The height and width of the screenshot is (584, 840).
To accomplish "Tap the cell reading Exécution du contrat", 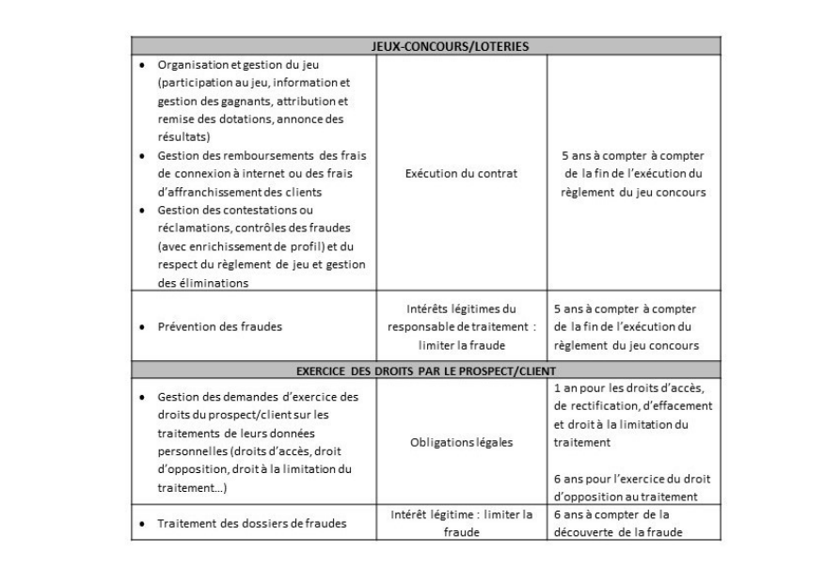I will (462, 173).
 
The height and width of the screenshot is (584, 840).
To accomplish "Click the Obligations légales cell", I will (462, 443).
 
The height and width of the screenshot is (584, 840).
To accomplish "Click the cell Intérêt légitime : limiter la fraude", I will (462, 523).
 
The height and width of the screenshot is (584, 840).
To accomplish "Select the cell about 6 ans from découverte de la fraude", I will (625, 523).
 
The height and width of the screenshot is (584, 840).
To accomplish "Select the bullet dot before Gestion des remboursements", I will (142, 155).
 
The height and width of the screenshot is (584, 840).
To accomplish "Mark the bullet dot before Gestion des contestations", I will (142, 210).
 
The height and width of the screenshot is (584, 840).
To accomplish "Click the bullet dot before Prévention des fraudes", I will (142, 327).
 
